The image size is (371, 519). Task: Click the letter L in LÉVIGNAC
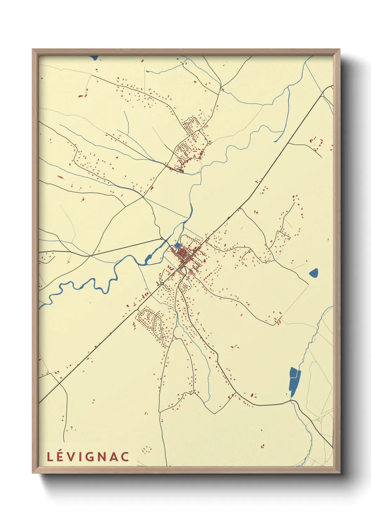point(50,457)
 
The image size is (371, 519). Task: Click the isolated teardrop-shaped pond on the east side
point(313,272)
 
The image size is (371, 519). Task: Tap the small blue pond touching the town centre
point(177,244)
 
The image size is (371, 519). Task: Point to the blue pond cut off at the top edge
point(94,58)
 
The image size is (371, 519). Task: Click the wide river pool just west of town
point(148,259)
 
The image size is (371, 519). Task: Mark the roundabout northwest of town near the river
point(162,238)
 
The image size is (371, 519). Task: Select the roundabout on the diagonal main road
point(162,283)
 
